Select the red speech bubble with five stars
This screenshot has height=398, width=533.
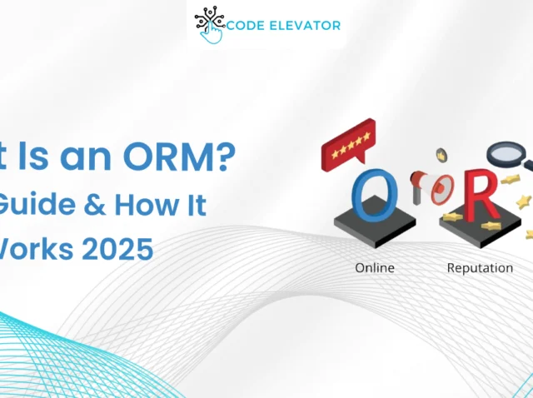pos(348,147)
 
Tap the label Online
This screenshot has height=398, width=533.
pos(375,268)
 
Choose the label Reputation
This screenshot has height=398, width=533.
pos(480,268)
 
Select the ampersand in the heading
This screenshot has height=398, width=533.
pos(93,204)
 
